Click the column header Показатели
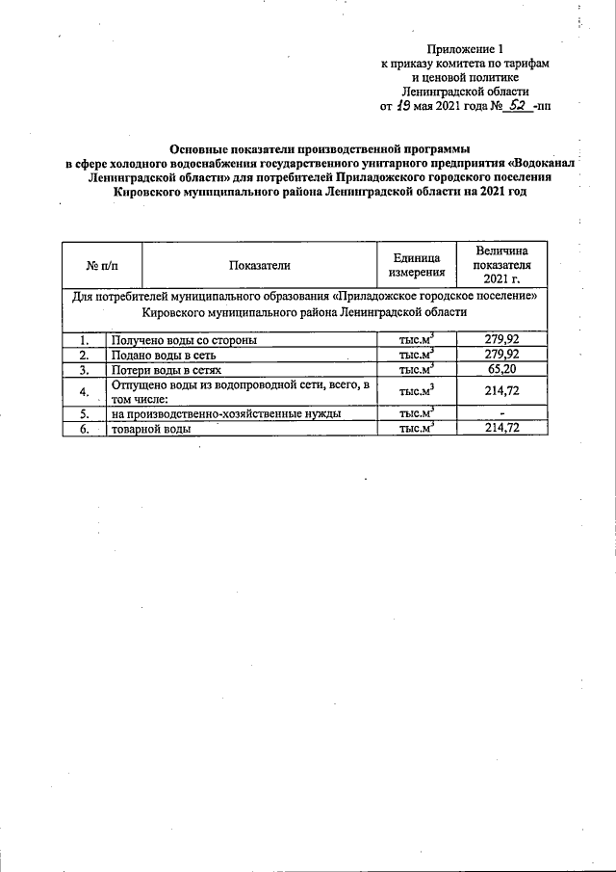pyautogui.click(x=259, y=265)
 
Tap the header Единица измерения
pyautogui.click(x=416, y=265)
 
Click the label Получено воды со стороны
pyautogui.click(x=183, y=339)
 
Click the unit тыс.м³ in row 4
pyautogui.click(x=416, y=391)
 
